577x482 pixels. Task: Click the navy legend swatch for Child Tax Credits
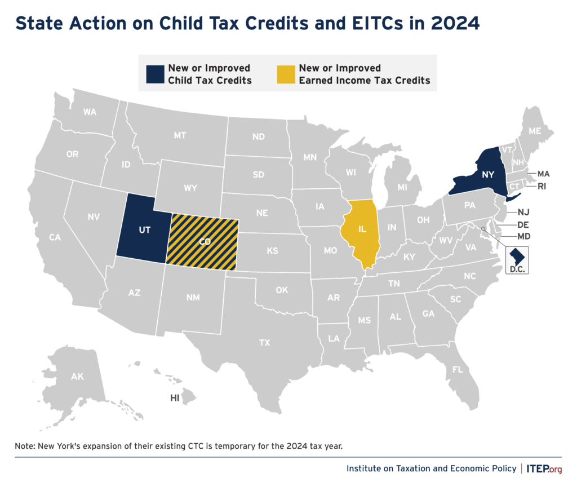tap(155, 74)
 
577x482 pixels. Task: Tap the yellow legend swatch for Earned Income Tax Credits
tap(286, 74)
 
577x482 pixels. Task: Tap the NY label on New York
tap(487, 175)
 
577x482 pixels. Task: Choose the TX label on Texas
tap(264, 342)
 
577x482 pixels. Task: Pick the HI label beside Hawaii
tap(175, 398)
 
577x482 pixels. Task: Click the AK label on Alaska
tap(77, 376)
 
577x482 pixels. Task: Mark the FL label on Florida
tap(458, 370)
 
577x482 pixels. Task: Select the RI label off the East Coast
tap(542, 185)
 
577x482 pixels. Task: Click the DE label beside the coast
tap(523, 224)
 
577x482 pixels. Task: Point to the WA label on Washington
tap(90, 112)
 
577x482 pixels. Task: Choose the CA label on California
tap(55, 237)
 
